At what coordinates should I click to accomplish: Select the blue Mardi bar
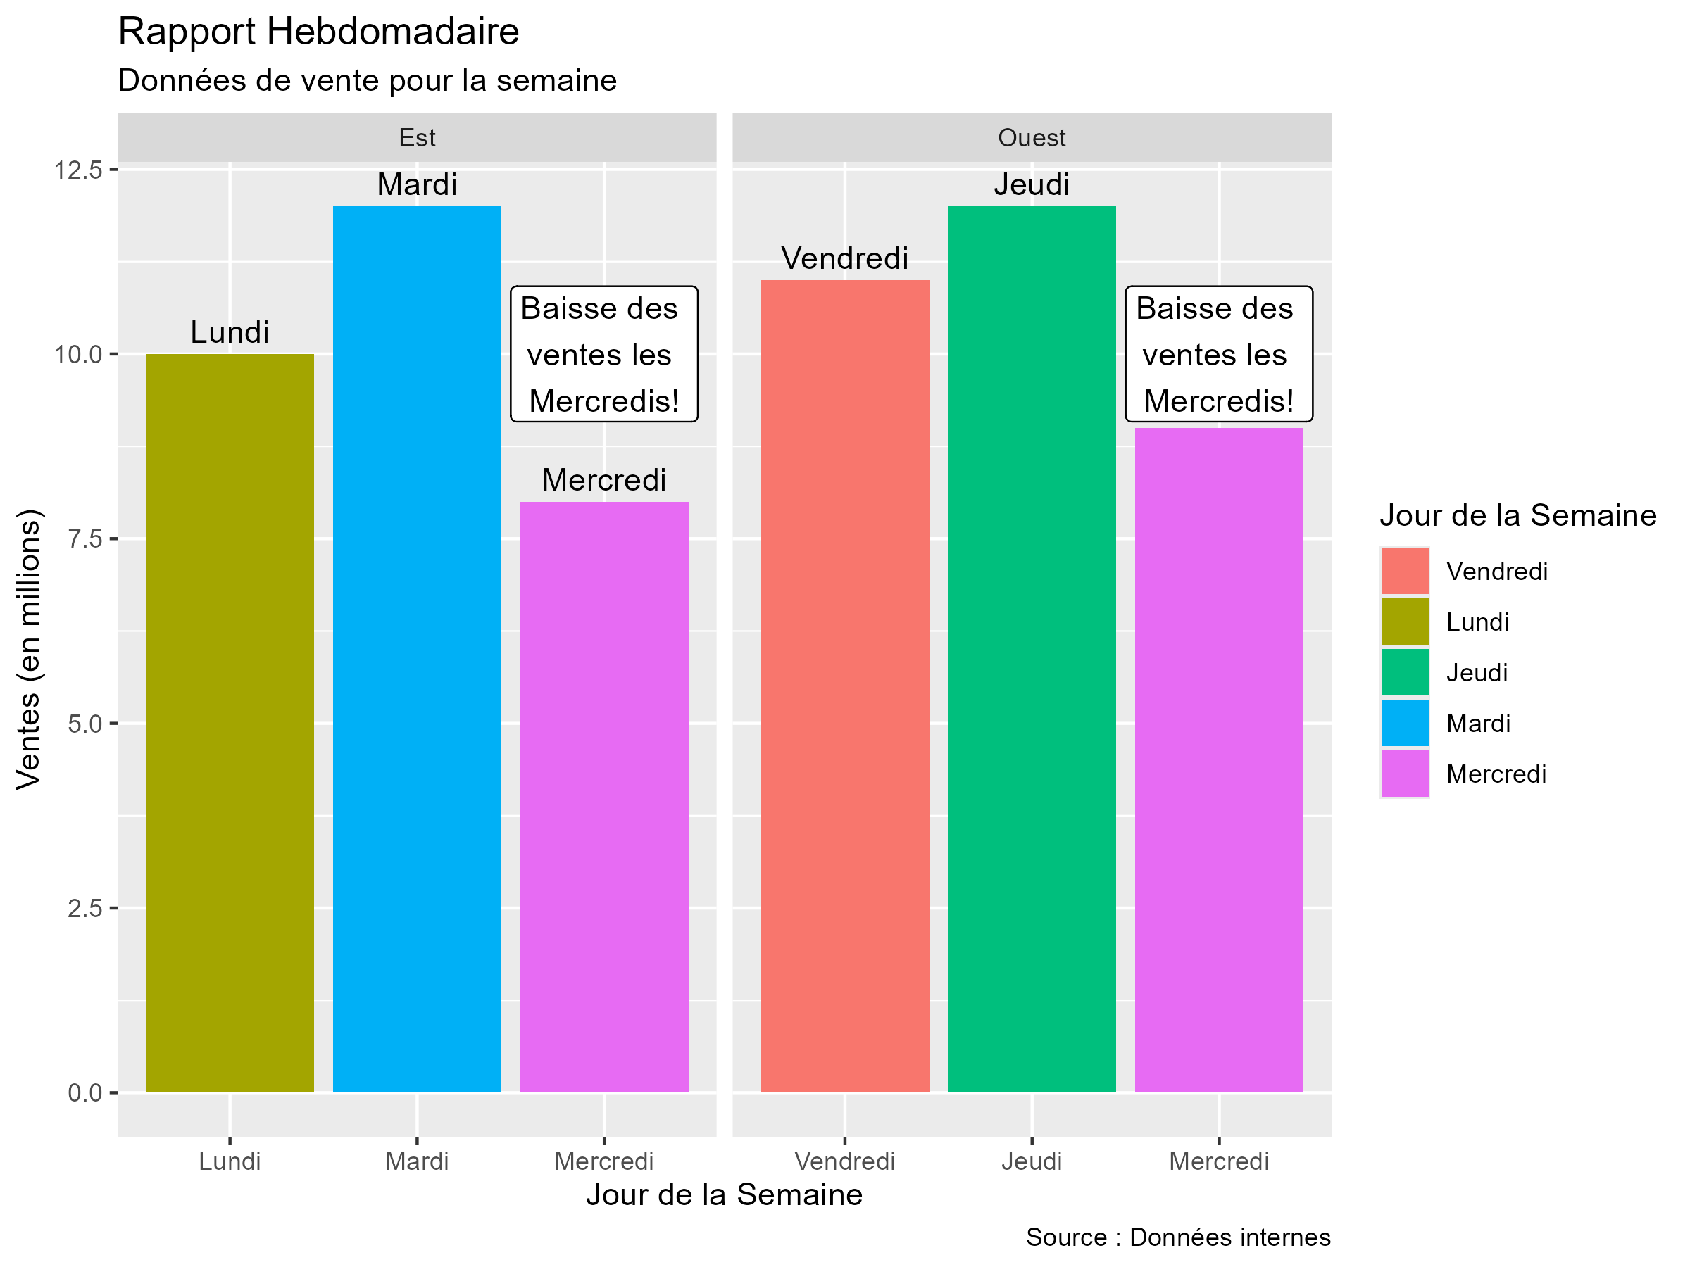pyautogui.click(x=416, y=649)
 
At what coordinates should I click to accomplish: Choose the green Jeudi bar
pyautogui.click(x=1032, y=649)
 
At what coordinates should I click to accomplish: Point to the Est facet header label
pyautogui.click(x=416, y=137)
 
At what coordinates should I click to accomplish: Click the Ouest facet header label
pyautogui.click(x=1032, y=137)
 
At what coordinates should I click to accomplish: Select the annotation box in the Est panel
pyautogui.click(x=603, y=354)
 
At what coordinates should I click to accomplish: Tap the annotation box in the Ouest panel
pyautogui.click(x=1219, y=354)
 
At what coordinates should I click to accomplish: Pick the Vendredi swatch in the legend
pyautogui.click(x=1404, y=570)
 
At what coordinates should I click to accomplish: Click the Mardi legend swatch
pyautogui.click(x=1404, y=722)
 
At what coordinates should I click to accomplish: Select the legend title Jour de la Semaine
pyautogui.click(x=1517, y=515)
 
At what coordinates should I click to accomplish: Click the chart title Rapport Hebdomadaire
pyautogui.click(x=318, y=32)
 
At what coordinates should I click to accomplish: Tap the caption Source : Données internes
pyautogui.click(x=1177, y=1237)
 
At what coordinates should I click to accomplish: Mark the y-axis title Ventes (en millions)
pyautogui.click(x=29, y=649)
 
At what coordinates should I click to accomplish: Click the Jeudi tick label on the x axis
pyautogui.click(x=1032, y=1161)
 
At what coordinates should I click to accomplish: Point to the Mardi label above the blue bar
pyautogui.click(x=416, y=185)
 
